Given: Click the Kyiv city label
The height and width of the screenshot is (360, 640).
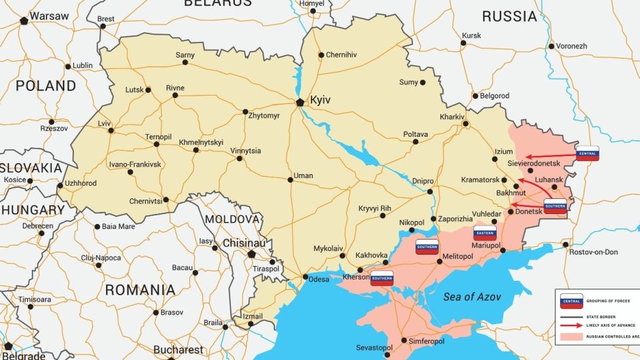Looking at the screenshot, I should click(x=320, y=100).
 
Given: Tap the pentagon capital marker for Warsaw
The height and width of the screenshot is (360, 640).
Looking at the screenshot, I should click(x=24, y=21).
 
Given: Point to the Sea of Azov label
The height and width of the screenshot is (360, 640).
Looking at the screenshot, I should click(x=472, y=297).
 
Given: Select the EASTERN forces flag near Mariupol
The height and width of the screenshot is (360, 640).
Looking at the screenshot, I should click(x=485, y=234).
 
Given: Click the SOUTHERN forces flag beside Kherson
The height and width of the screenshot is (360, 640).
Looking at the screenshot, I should click(x=382, y=278).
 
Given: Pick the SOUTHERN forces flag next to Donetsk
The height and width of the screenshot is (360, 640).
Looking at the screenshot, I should click(x=555, y=205).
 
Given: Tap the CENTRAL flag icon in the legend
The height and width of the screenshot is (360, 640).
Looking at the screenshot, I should click(x=571, y=301).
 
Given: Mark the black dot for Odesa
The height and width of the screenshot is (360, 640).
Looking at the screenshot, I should click(x=305, y=278).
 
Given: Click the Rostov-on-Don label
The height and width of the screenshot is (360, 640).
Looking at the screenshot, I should click(x=594, y=252).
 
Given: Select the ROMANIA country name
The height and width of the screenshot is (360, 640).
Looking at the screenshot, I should click(x=141, y=289).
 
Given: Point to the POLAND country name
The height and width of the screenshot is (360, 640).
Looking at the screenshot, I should click(x=46, y=86).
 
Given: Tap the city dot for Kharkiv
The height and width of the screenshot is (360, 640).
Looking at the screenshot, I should click(x=464, y=124).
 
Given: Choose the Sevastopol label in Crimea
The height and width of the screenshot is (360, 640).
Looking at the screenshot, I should click(x=374, y=347).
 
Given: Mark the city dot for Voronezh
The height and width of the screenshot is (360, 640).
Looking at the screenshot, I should click(x=552, y=46).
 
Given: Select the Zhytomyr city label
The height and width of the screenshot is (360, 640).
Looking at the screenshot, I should click(x=264, y=116).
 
